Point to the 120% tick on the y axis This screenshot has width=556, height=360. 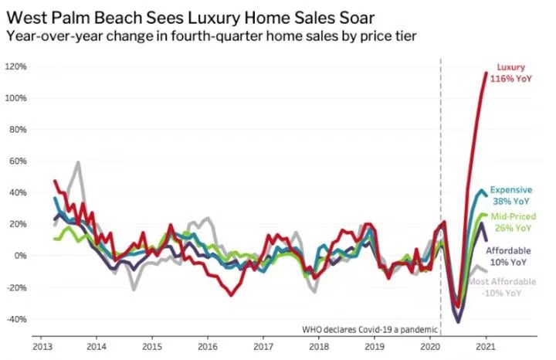click(x=16, y=67)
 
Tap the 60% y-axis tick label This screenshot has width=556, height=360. click(x=18, y=161)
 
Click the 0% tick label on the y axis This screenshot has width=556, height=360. click(x=20, y=256)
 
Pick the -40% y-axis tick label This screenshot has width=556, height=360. click(x=16, y=319)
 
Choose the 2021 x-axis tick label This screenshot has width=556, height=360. click(x=486, y=347)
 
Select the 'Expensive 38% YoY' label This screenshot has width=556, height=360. click(x=511, y=195)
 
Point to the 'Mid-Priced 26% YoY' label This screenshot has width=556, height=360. click(x=511, y=222)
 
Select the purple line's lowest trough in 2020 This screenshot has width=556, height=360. click(x=459, y=321)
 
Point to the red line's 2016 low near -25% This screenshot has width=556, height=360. click(x=231, y=294)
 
